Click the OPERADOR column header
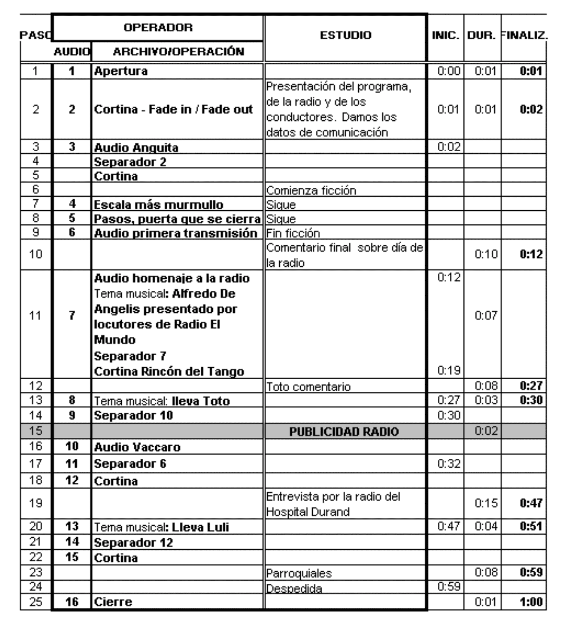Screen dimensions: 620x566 [x=158, y=27]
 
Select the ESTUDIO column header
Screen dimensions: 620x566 [x=346, y=35]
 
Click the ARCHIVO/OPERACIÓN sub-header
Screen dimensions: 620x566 [x=178, y=52]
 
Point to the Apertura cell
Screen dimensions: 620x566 [x=121, y=71]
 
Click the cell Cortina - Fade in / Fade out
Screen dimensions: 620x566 [x=173, y=110]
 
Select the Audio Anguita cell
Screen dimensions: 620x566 [x=136, y=148]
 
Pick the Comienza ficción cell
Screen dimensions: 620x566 [x=311, y=191]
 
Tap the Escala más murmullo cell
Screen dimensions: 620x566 [x=158, y=204]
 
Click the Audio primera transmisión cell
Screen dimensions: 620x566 [x=176, y=233]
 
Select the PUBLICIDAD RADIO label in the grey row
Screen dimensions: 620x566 [x=344, y=432]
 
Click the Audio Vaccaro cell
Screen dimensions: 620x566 [x=137, y=447]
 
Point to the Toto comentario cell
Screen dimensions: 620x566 [x=309, y=387]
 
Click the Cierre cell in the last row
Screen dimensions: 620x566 [x=113, y=602]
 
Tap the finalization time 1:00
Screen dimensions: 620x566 [x=531, y=602]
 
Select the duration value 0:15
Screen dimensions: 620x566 [x=486, y=503]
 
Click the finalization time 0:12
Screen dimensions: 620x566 [x=531, y=254]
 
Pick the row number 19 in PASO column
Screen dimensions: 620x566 [x=36, y=503]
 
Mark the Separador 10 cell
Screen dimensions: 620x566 [x=133, y=416]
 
